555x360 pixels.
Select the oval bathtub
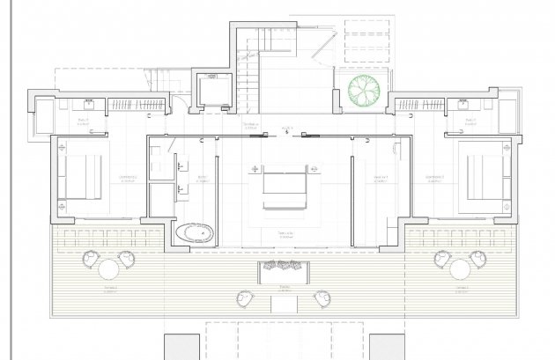(x=194, y=233)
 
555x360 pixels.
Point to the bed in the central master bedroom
(x=283, y=184)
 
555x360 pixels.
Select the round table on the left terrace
(x=108, y=268)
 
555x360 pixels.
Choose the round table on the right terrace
(x=459, y=268)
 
